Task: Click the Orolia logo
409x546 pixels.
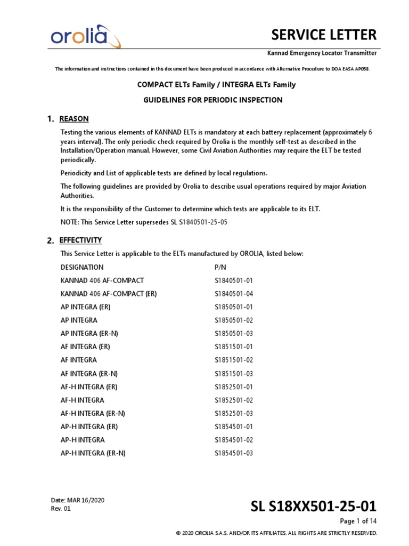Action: point(85,37)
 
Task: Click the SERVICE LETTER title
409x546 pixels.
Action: point(324,35)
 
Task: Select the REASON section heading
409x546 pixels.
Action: point(74,118)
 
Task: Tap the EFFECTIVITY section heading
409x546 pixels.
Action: point(80,240)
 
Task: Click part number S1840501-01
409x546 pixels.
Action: point(234,280)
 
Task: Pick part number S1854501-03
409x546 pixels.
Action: point(234,453)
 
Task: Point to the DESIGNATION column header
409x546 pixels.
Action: point(82,267)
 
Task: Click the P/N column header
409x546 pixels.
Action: point(220,267)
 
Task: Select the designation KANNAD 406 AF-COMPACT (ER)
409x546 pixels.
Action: point(109,294)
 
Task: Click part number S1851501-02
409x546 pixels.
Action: point(234,360)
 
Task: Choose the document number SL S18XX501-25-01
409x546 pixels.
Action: point(314,505)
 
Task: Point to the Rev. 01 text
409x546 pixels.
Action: point(60,509)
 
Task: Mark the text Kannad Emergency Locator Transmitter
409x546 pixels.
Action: point(322,53)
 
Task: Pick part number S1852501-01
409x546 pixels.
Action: point(234,387)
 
